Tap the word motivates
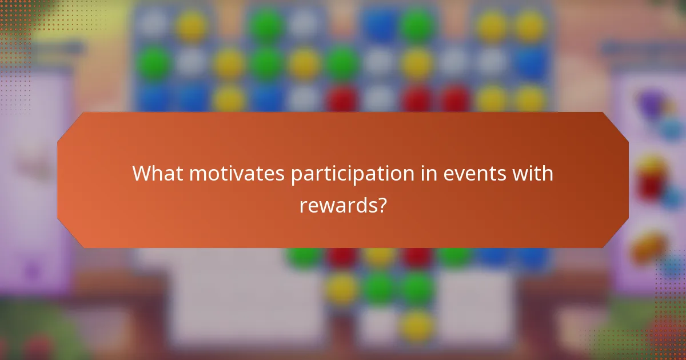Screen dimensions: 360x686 pyautogui.click(x=237, y=173)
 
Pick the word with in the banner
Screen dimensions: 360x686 pyautogui.click(x=532, y=173)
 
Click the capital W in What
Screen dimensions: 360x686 pyautogui.click(x=142, y=173)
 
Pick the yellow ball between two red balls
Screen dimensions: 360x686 pyautogui.click(x=380, y=254)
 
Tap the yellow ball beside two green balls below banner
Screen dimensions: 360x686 pyautogui.click(x=342, y=289)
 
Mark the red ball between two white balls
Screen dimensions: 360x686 pyautogui.click(x=342, y=98)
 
